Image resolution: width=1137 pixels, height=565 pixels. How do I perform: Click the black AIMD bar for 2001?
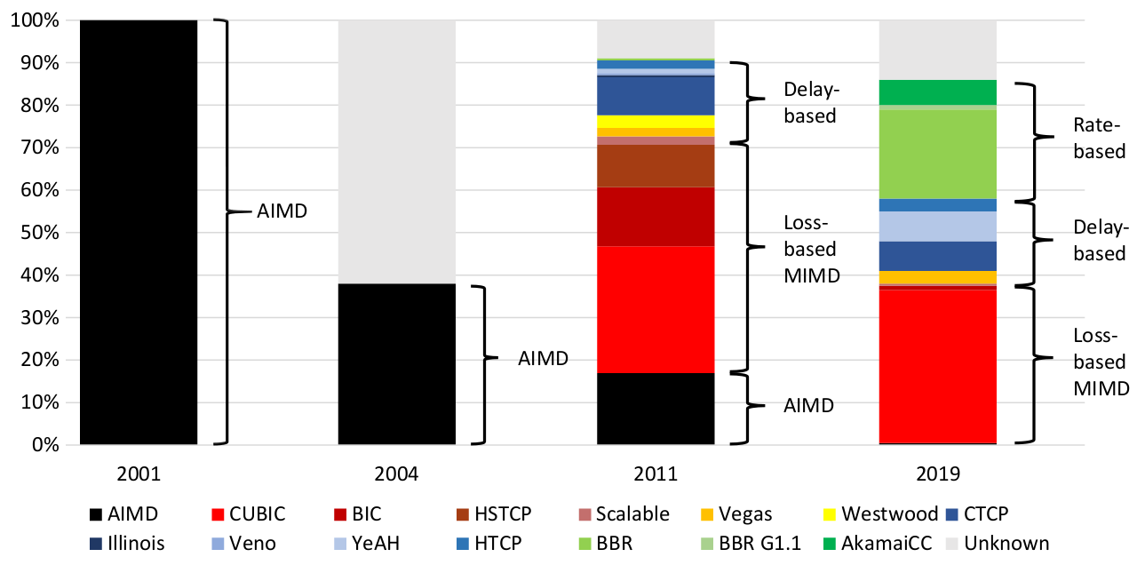(x=139, y=232)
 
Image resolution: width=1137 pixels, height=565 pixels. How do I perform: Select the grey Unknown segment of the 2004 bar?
(x=397, y=152)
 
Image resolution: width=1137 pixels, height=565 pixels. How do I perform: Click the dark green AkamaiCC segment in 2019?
(x=937, y=92)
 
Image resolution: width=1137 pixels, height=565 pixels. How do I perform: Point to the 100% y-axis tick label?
(x=36, y=20)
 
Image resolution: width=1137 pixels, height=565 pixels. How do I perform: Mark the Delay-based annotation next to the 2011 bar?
(x=809, y=102)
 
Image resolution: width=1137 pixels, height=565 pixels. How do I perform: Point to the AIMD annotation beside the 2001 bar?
(x=282, y=212)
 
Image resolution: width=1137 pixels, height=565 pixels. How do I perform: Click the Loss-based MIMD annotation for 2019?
(x=1100, y=362)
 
